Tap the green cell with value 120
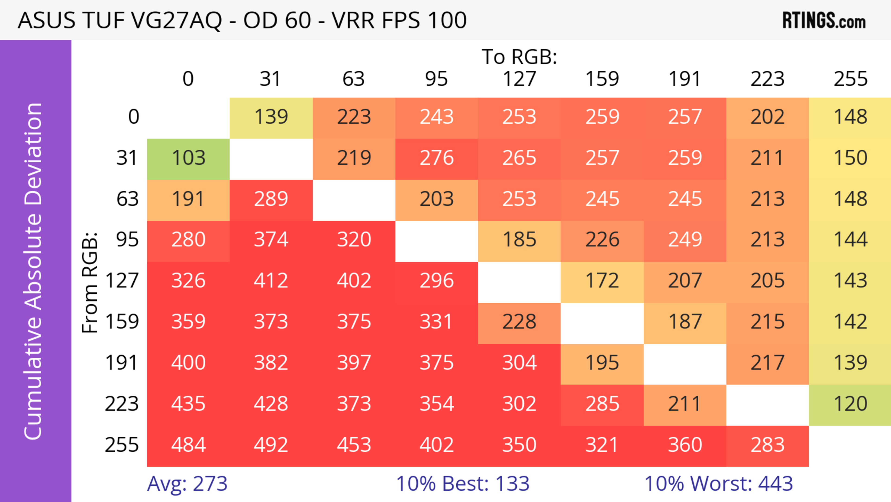pyautogui.click(x=850, y=404)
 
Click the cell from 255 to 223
pyautogui.click(x=767, y=445)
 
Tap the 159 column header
pyautogui.click(x=602, y=79)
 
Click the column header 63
pyautogui.click(x=353, y=79)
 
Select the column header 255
pyautogui.click(x=850, y=79)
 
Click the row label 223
pyautogui.click(x=122, y=404)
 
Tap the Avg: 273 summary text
pyautogui.click(x=187, y=484)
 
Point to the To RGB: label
pyautogui.click(x=519, y=57)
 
